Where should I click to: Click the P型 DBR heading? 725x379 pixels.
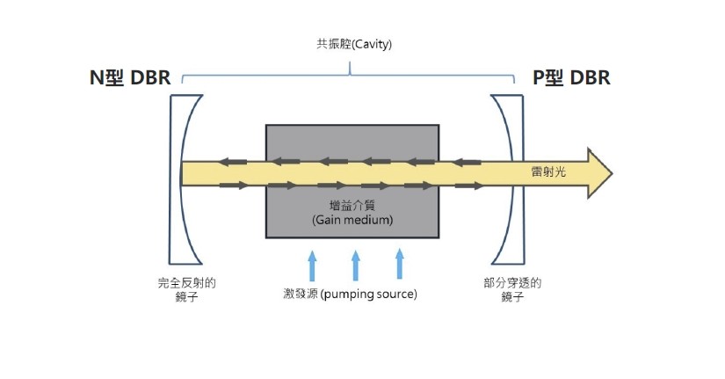point(571,78)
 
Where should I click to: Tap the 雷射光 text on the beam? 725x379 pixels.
point(549,172)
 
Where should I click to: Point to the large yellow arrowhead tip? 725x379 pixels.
point(610,172)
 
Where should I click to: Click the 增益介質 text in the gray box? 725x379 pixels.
point(352,205)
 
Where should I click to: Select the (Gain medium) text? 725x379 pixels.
point(352,219)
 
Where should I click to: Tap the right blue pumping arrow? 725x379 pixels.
point(399,264)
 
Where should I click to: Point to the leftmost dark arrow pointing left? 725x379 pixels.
point(233,162)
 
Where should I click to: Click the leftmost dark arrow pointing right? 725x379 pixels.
point(233,185)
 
